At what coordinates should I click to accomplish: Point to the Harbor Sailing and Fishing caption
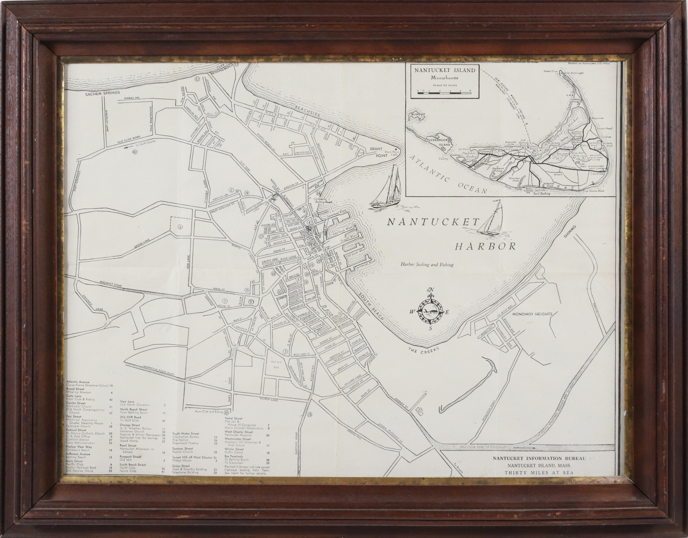pos(427,265)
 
